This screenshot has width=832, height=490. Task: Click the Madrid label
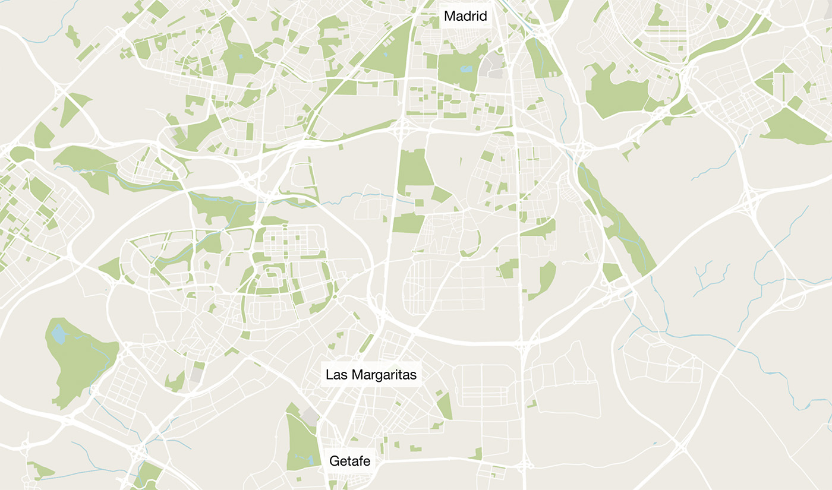(x=466, y=16)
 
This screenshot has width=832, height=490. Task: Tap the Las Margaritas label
(x=371, y=375)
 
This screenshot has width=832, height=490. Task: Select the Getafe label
(x=350, y=460)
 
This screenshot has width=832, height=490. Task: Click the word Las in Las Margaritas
(x=336, y=375)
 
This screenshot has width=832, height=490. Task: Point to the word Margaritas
(x=384, y=375)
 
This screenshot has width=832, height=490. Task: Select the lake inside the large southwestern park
(x=59, y=334)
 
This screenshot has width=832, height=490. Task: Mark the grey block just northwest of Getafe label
(x=310, y=416)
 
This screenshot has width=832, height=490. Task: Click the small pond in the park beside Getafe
(x=310, y=459)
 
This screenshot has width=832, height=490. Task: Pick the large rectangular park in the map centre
(x=415, y=172)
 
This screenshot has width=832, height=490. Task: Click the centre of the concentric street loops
(x=274, y=275)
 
